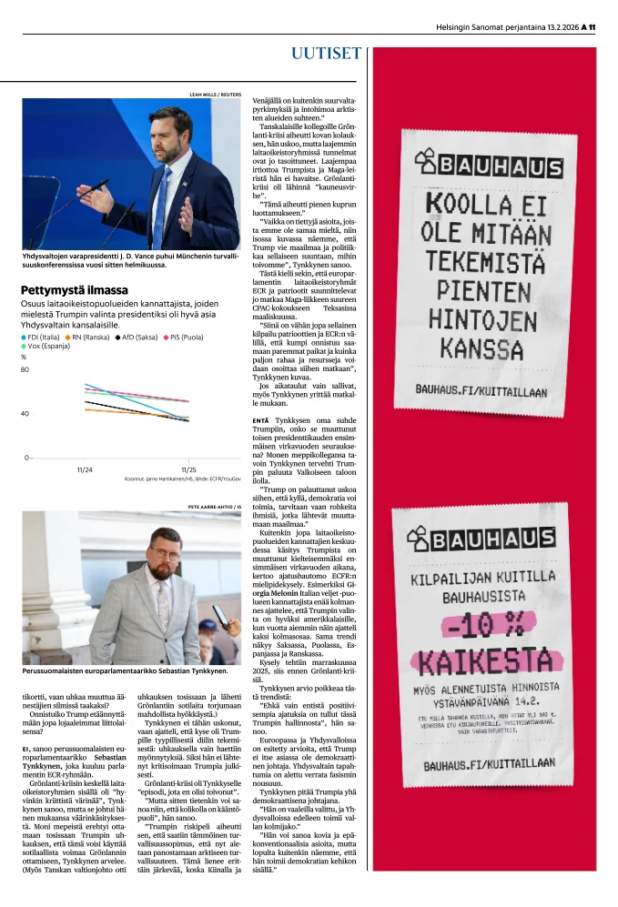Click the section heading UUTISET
(x=326, y=53)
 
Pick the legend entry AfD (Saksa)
(x=137, y=337)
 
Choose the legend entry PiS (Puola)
(x=184, y=337)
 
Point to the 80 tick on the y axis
(x=25, y=369)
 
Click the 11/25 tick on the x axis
(x=189, y=469)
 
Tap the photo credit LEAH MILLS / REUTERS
(x=215, y=94)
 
